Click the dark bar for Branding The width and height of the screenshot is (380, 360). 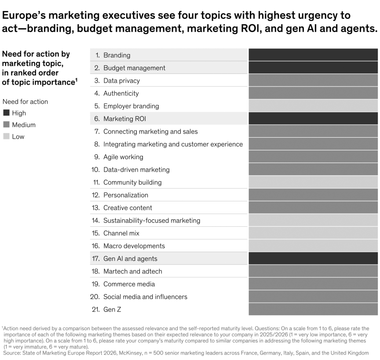point(313,55)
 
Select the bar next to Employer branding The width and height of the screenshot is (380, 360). point(313,106)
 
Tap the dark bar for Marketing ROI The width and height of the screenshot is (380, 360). point(313,119)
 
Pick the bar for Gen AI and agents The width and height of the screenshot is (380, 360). point(313,258)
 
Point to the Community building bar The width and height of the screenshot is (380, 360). point(313,182)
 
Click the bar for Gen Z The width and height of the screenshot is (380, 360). point(313,309)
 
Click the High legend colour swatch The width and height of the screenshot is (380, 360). point(6,113)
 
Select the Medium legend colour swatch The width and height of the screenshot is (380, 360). point(6,124)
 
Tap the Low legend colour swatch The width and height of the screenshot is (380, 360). point(6,136)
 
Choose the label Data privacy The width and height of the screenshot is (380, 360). point(121,80)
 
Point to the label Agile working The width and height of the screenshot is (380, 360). point(123,157)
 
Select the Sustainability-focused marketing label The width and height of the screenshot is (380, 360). point(152,220)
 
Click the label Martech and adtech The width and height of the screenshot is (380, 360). point(133,271)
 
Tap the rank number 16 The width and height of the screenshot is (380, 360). point(95,246)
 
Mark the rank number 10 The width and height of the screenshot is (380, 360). point(95,170)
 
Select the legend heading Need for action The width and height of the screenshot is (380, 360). point(25,102)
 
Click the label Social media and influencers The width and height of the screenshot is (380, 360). point(145,297)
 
